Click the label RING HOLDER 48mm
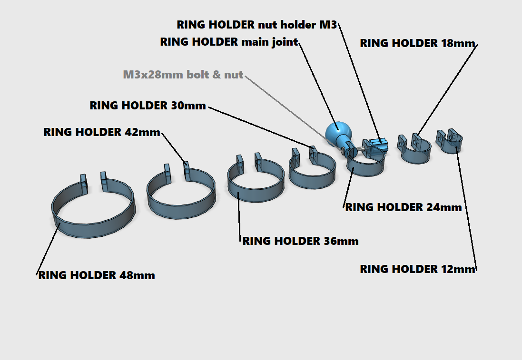click(97, 275)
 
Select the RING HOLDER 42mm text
click(102, 132)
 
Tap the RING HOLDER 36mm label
click(300, 241)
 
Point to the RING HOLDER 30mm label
click(148, 106)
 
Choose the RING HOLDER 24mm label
click(403, 208)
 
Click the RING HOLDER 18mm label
click(417, 43)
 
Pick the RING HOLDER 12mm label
click(417, 269)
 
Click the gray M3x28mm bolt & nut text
click(183, 75)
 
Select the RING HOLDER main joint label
click(229, 42)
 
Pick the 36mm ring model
click(257, 190)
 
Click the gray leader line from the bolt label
click(286, 106)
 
